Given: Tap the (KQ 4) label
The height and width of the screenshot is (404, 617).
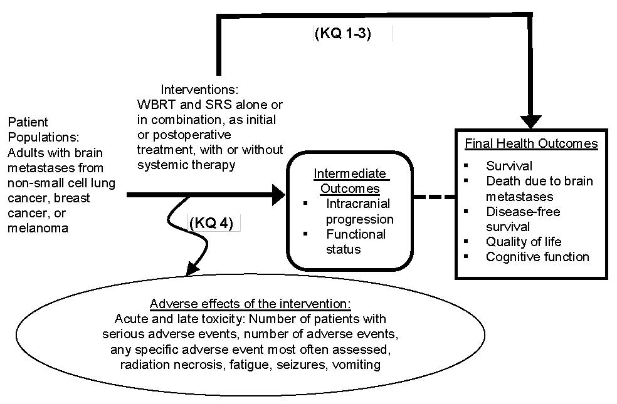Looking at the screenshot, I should (211, 223).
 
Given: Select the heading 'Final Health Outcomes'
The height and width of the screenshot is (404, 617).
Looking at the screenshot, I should (531, 143).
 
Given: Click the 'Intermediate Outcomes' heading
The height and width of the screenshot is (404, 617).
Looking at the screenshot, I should (350, 180).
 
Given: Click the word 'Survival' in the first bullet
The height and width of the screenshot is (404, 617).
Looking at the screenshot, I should (509, 166).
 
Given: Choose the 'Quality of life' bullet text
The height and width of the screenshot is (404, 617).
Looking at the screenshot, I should (523, 242).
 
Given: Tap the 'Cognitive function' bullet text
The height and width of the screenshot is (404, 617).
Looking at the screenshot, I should (537, 257).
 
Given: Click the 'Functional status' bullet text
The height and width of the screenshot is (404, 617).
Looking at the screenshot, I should (356, 242).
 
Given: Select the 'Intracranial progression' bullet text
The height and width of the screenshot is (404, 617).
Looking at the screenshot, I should (359, 211).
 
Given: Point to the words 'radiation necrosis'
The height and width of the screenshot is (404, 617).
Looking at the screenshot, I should (153, 365).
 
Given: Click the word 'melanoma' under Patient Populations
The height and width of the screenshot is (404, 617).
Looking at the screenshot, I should (38, 228).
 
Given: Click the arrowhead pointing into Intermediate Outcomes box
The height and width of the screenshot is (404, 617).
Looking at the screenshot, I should (277, 195).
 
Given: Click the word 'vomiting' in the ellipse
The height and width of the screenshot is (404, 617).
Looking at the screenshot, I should (358, 365).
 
